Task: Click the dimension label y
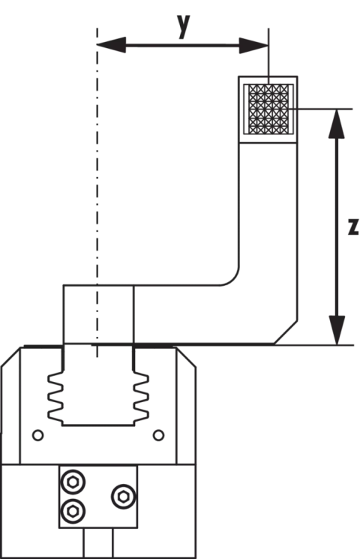coord(184,26)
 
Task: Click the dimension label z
coord(353,227)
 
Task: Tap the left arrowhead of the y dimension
coord(111,45)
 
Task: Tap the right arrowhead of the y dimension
coord(253,45)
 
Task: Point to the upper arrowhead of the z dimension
coord(337,123)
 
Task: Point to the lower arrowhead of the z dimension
coord(337,330)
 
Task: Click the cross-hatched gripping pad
coord(268,109)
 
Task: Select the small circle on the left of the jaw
coord(37,435)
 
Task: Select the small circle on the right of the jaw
coord(158,435)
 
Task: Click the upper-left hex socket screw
coord(73,482)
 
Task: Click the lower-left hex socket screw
coord(73,511)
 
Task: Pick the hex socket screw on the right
coord(123,496)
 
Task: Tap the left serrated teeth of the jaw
coord(56,395)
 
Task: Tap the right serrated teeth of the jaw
coord(141,395)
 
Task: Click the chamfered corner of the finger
coord(286,332)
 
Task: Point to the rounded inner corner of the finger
coord(232,279)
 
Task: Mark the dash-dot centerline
coord(97,193)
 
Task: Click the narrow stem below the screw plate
coord(98,543)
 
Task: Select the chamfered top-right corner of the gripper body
coord(186,357)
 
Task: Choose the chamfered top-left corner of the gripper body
coord(11,356)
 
